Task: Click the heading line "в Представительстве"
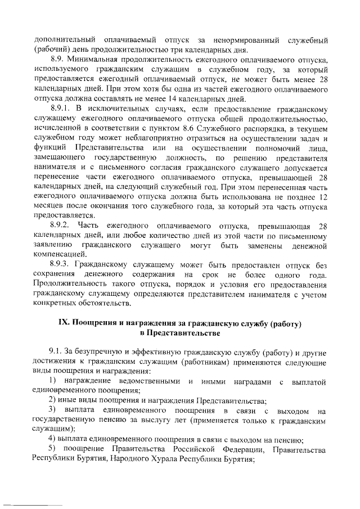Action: click(180, 334)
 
